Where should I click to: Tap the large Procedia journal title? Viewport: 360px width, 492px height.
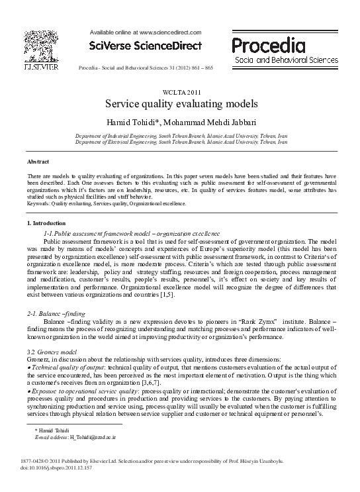269,45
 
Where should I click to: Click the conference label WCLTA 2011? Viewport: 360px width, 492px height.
180,93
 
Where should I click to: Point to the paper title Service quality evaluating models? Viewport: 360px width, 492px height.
180,105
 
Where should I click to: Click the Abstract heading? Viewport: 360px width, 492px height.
38,162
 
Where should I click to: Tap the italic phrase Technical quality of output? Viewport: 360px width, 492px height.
64,366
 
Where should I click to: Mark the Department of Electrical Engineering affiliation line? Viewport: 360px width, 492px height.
181,141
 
